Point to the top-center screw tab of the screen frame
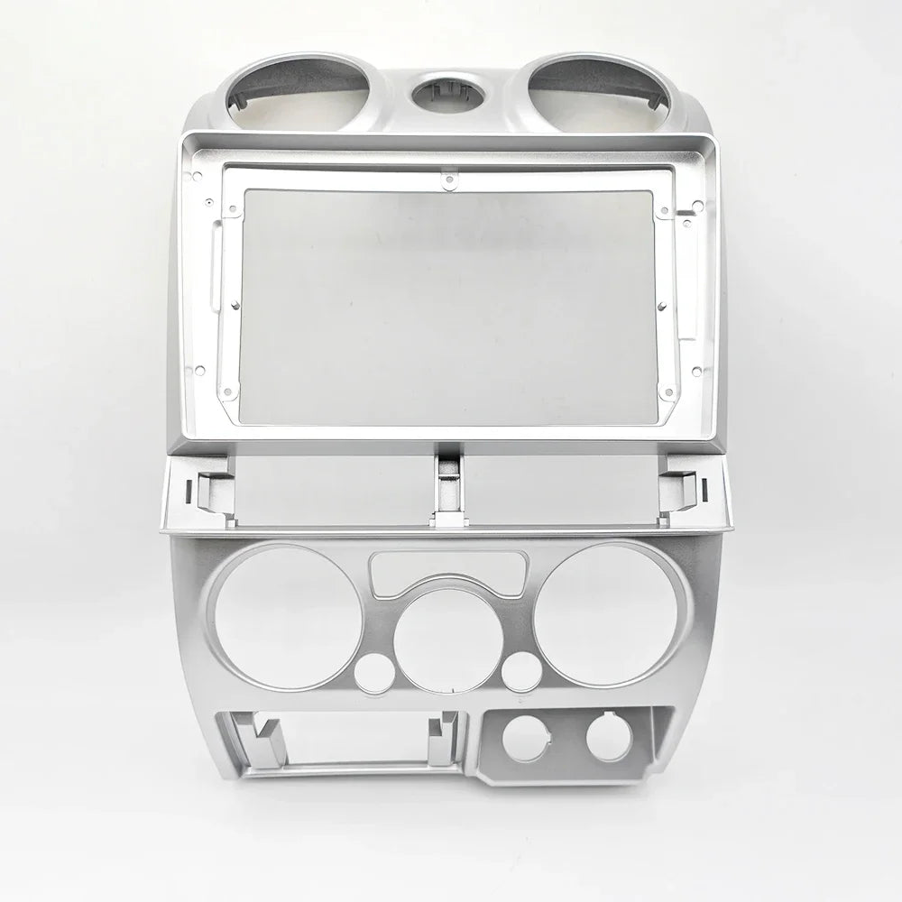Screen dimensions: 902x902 coord(446,180)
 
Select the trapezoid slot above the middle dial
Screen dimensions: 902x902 coord(448,569)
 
